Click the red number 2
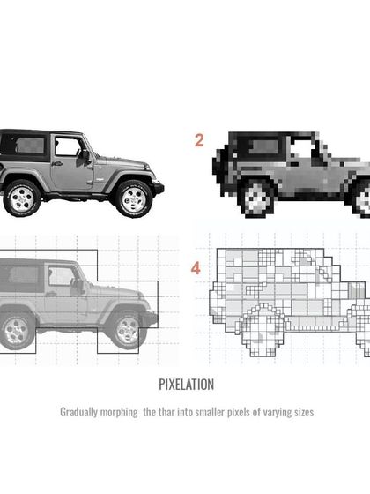point(199,138)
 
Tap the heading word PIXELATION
point(186,385)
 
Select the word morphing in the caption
point(124,412)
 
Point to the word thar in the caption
point(169,412)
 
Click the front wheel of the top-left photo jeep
point(133,198)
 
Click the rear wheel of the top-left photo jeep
point(19,198)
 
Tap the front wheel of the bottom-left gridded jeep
point(125,330)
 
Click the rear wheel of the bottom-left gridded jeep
point(12,332)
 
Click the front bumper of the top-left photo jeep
point(159,188)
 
